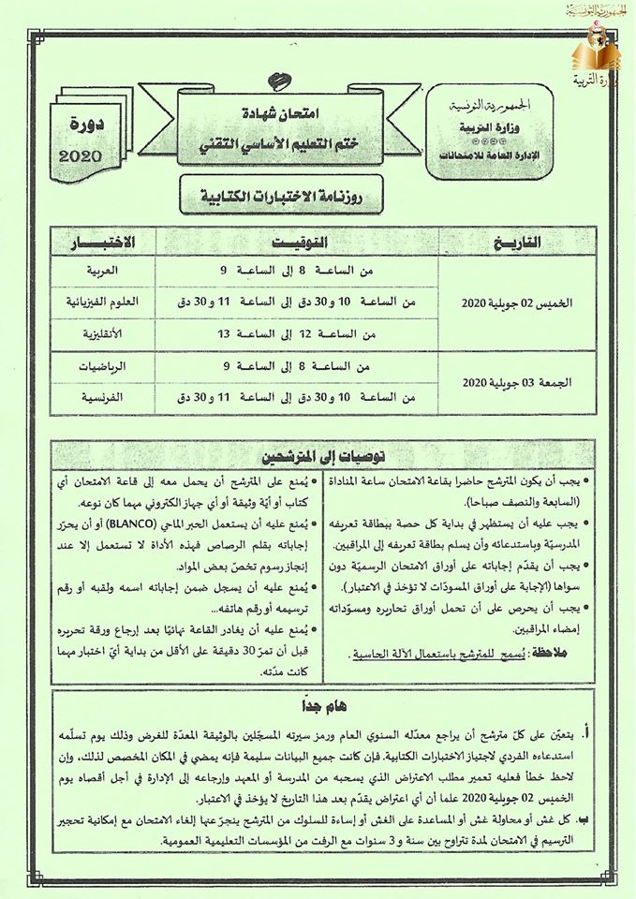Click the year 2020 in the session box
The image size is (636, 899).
pyautogui.click(x=86, y=155)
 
